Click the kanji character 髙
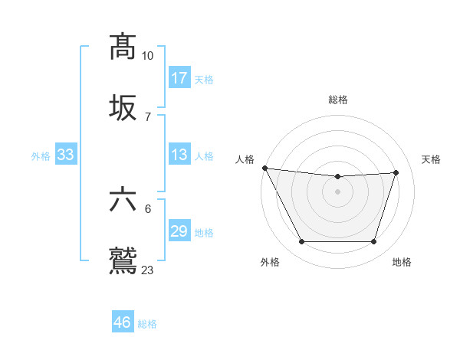(x=123, y=47)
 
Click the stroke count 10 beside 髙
(x=147, y=56)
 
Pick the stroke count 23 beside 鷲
(x=147, y=270)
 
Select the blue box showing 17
(x=179, y=78)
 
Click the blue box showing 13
(x=179, y=155)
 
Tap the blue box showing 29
(x=179, y=231)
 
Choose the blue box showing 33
(x=66, y=155)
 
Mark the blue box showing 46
(x=123, y=322)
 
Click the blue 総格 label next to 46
(x=147, y=324)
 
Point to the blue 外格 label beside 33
(x=41, y=155)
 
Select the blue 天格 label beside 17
(x=204, y=79)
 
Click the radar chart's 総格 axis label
(x=338, y=100)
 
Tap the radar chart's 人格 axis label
(x=245, y=159)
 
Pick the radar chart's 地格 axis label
(x=402, y=262)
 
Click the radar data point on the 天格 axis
(x=396, y=172)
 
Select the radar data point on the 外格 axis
(x=301, y=242)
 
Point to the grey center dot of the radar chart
(x=337, y=191)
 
